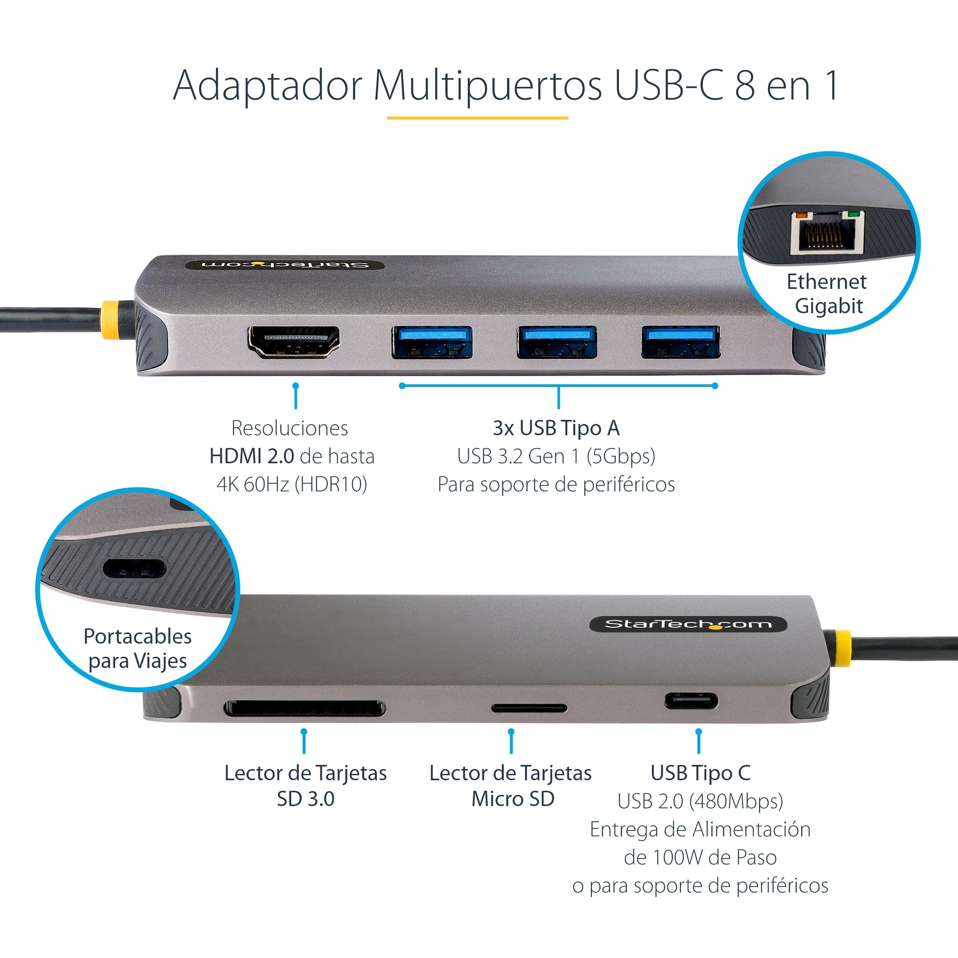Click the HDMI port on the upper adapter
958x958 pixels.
click(x=293, y=342)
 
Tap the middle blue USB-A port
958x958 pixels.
click(x=556, y=342)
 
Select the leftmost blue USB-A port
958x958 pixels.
click(x=431, y=342)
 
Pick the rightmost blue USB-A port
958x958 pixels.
click(x=680, y=342)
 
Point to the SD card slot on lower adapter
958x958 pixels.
click(x=305, y=708)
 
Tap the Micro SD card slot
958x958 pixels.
click(x=529, y=708)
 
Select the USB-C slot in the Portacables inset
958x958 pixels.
click(x=134, y=568)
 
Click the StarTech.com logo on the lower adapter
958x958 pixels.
click(x=688, y=624)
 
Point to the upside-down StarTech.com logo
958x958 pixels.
click(x=285, y=264)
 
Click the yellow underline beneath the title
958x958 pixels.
click(x=477, y=118)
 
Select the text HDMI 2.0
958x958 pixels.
click(x=252, y=456)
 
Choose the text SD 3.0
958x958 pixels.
click(x=305, y=799)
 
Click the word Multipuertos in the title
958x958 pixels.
click(x=488, y=85)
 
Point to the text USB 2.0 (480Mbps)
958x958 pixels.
click(x=700, y=801)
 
